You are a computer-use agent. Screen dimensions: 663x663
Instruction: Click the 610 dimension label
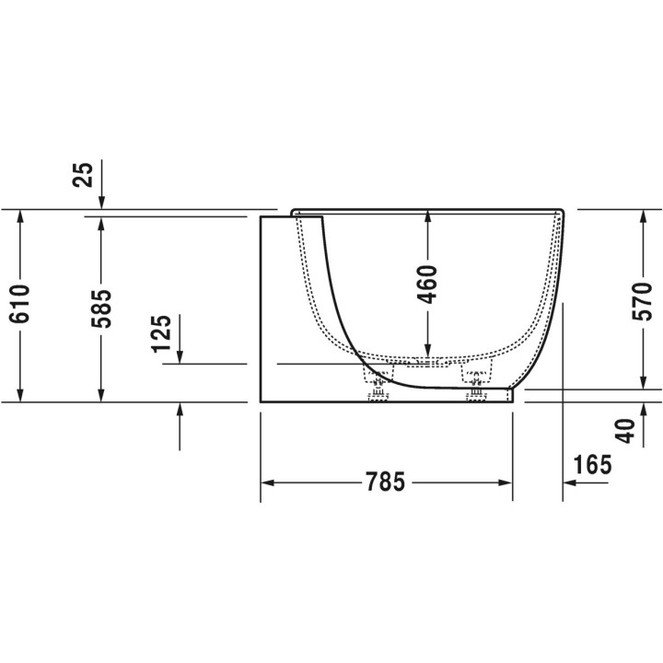(x=20, y=304)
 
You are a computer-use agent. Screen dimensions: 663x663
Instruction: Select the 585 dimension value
(x=101, y=308)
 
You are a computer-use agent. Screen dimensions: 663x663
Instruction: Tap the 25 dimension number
(x=83, y=175)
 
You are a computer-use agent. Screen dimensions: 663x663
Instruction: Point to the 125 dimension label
(x=161, y=333)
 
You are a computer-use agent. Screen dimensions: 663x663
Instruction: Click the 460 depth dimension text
(x=427, y=285)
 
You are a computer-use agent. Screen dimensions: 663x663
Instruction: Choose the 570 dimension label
(x=643, y=301)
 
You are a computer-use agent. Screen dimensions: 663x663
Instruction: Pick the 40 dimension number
(x=625, y=431)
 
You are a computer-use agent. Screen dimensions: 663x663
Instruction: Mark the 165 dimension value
(x=592, y=464)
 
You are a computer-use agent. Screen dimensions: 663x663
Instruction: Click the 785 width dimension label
(x=385, y=482)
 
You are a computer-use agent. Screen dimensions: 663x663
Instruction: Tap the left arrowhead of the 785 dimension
(x=267, y=483)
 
